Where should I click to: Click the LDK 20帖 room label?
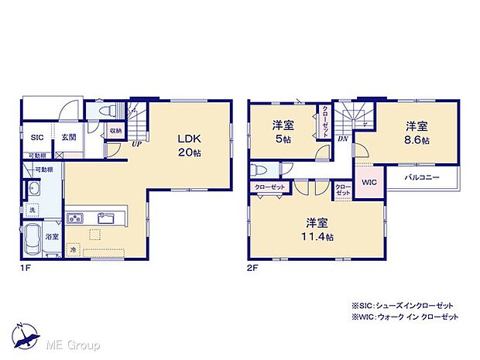tap(190, 145)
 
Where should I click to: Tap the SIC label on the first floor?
tap(37, 137)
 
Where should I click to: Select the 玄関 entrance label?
tap(69, 137)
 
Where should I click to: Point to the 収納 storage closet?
tap(115, 131)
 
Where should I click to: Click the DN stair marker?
tap(343, 139)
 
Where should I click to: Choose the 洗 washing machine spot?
tap(33, 211)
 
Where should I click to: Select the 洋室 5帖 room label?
tap(281, 132)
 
